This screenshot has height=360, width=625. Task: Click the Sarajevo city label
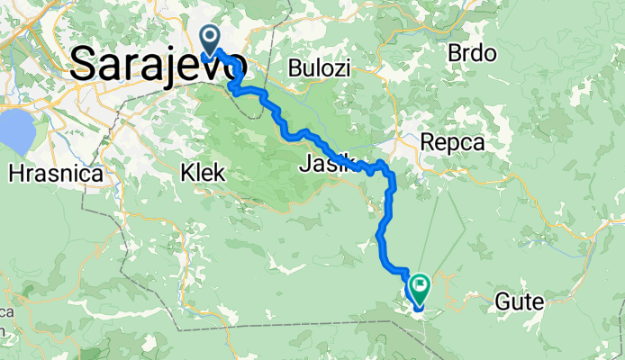click(x=158, y=64)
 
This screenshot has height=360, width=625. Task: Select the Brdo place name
click(x=471, y=52)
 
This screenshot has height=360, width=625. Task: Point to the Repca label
click(x=452, y=142)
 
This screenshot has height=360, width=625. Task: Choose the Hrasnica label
click(x=55, y=172)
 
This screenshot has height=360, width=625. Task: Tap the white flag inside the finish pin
click(x=419, y=285)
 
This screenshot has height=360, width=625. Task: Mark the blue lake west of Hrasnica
click(x=15, y=131)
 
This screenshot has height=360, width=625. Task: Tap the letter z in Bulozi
click(x=344, y=68)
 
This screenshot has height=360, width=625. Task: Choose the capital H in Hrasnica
click(x=15, y=172)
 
